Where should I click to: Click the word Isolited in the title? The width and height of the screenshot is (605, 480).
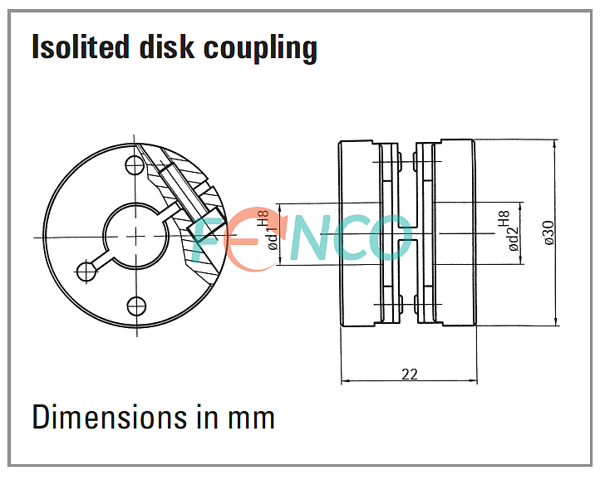(81, 47)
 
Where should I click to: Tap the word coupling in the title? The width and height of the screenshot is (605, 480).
(260, 48)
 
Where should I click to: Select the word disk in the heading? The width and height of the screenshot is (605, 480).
(166, 47)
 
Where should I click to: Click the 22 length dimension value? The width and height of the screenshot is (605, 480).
(410, 374)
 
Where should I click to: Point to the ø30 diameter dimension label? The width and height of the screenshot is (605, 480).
(548, 233)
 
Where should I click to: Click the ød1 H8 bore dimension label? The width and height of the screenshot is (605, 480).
(269, 230)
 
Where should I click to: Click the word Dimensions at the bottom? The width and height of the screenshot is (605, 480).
(110, 417)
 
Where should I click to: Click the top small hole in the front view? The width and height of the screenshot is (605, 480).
(135, 165)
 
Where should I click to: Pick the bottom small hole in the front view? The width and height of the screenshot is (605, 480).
(136, 306)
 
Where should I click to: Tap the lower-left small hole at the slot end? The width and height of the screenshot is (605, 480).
(86, 272)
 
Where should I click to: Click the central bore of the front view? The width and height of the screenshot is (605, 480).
(135, 236)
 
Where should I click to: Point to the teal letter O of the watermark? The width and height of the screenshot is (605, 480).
(390, 238)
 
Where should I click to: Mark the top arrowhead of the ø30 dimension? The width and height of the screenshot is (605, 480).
(555, 144)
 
